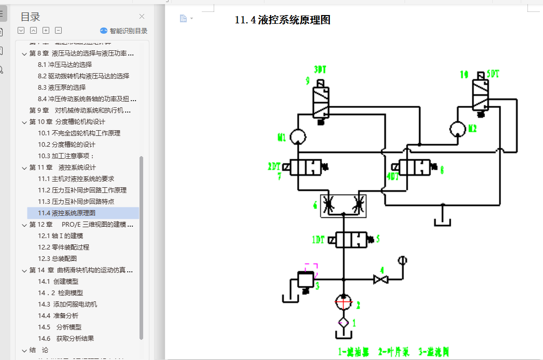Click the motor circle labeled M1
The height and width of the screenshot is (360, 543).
coord(299,136)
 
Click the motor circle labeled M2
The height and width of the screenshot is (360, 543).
coord(458,129)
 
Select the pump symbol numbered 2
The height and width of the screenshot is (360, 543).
coord(343,302)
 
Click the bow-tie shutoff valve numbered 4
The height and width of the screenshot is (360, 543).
coord(381,280)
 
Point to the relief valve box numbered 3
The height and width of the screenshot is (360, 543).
coord(304,280)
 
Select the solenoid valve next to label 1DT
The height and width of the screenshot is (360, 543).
coord(351,240)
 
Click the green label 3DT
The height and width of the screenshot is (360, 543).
coord(321,69)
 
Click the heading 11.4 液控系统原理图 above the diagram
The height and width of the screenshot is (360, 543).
coord(283,20)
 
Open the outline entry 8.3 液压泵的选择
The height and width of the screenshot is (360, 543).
coord(62,87)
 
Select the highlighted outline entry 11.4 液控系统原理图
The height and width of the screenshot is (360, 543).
coord(66,213)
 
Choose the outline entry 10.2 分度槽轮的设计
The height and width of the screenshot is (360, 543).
coord(66,144)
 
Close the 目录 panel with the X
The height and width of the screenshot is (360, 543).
coord(142,17)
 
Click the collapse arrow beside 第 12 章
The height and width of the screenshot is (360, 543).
coord(24,225)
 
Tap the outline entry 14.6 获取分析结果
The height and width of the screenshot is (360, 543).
coord(66,338)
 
